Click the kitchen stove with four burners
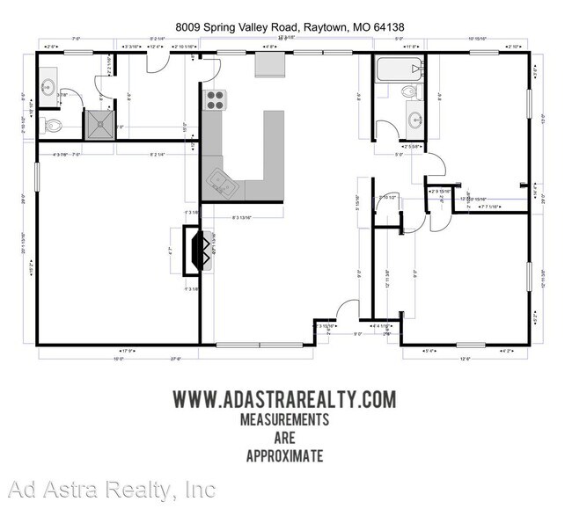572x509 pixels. coord(215,99)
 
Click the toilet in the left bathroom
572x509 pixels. coord(53,126)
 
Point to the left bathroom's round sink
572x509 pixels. coord(48,87)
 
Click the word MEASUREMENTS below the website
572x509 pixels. coord(284,419)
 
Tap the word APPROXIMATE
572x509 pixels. coord(284,455)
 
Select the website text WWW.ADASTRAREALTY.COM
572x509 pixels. coord(284,399)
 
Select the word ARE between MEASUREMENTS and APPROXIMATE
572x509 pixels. coord(284,438)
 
